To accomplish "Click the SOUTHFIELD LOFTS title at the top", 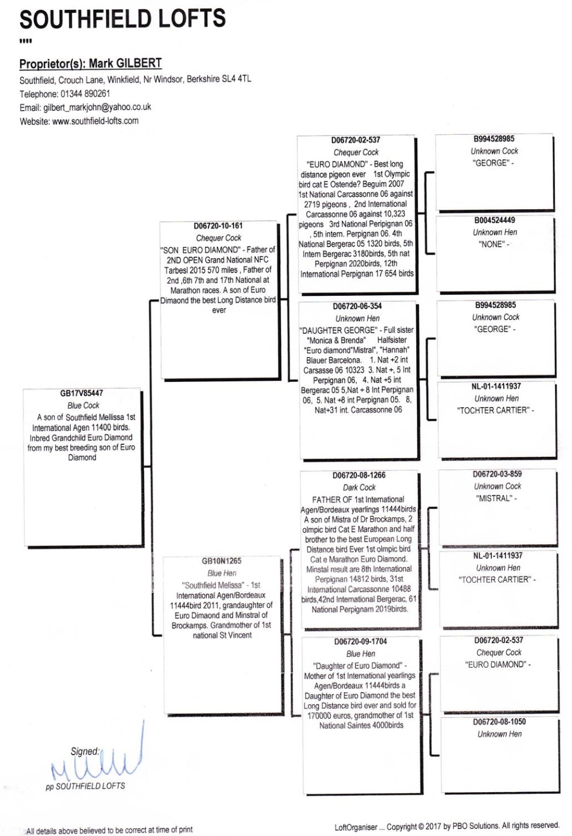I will (122, 19).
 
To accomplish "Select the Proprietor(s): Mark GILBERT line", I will (90, 64).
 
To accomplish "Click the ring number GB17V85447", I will (81, 393).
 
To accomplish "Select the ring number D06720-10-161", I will (218, 226).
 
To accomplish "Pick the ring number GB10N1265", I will (221, 561).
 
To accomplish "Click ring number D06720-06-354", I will (357, 306).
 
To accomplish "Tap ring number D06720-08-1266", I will (359, 475).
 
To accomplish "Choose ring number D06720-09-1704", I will (361, 641).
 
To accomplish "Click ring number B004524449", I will (495, 220).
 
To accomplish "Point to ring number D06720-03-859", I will (497, 474).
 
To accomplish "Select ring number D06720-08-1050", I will (499, 722).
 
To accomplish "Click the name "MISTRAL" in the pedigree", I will (494, 499).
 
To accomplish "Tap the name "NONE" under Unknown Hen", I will (492, 244).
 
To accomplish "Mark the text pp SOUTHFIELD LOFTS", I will (85, 786).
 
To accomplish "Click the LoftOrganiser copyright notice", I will (446, 827).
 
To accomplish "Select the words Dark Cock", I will (359, 487).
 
